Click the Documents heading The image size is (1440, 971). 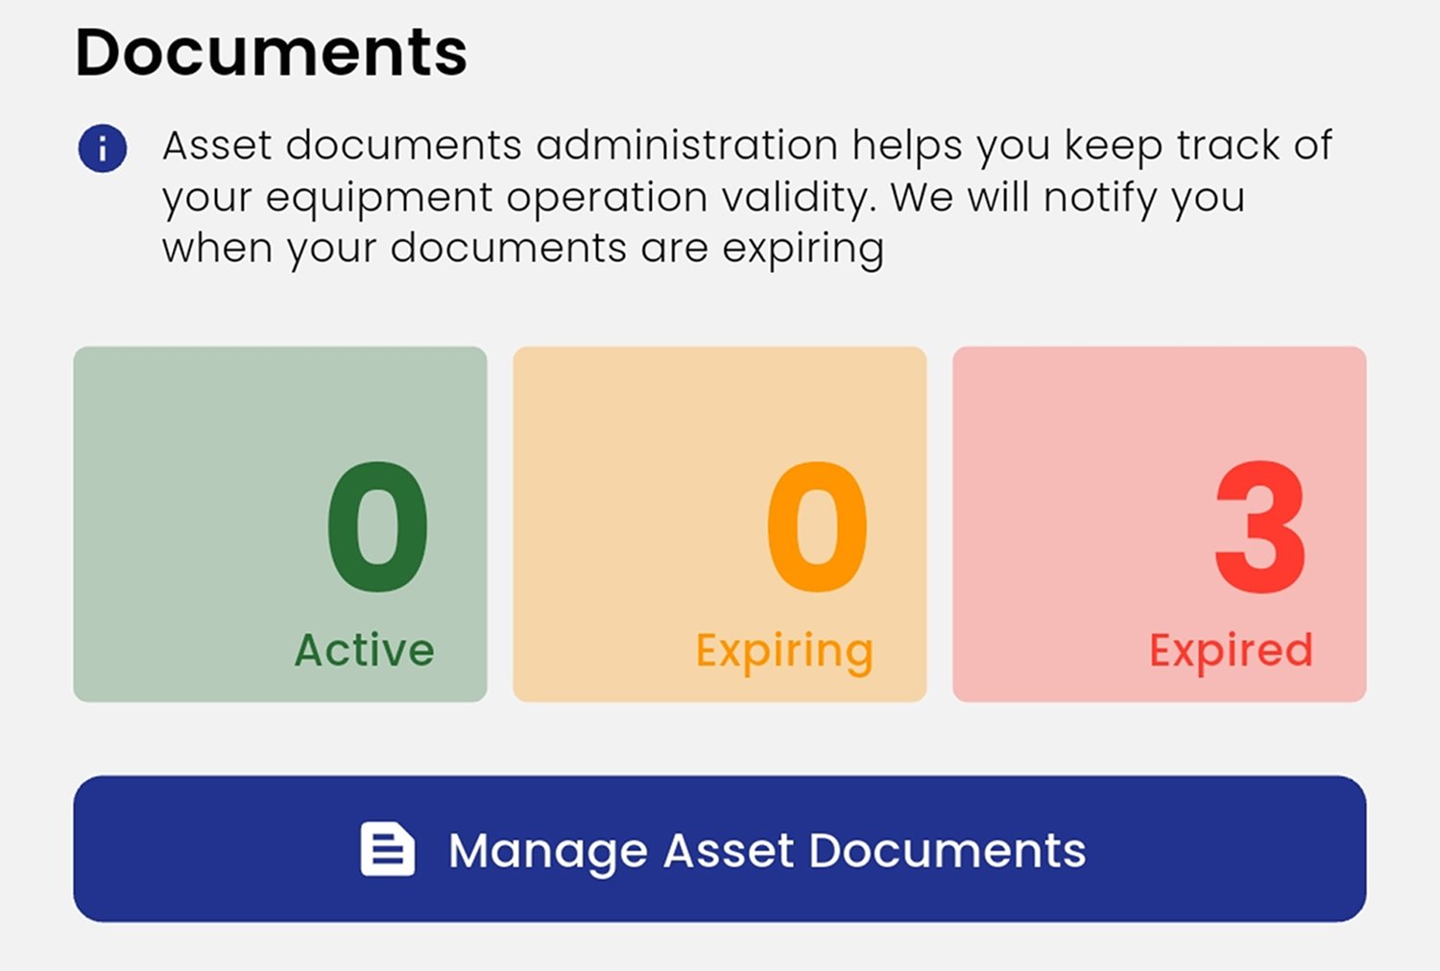271,53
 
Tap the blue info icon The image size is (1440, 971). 103,149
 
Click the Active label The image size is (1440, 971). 364,650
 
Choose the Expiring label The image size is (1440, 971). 784,652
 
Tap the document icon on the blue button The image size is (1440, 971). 387,849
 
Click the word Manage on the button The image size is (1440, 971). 548,852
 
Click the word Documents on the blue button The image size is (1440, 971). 947,851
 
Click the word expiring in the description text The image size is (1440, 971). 803,250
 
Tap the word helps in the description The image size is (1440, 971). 907,147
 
